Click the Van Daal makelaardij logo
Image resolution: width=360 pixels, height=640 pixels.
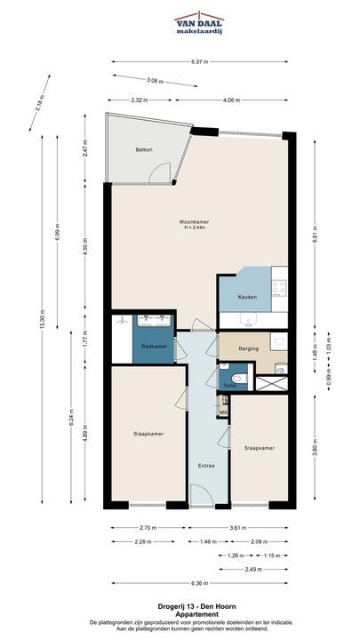(x=199, y=23)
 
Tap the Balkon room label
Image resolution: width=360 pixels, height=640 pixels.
(x=144, y=150)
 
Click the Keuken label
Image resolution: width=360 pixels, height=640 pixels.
(x=247, y=297)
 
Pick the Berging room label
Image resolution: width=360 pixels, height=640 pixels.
(x=249, y=349)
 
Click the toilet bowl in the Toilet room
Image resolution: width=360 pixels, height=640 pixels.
(x=241, y=379)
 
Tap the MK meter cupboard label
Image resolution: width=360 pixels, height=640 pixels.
(x=223, y=412)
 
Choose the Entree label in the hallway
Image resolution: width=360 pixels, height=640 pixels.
(x=206, y=466)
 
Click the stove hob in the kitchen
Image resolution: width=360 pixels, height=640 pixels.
(x=279, y=287)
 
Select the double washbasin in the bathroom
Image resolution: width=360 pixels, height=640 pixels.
(x=154, y=321)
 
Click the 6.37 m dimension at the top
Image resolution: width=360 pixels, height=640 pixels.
(x=200, y=62)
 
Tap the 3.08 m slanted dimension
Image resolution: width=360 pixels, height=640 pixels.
(x=155, y=81)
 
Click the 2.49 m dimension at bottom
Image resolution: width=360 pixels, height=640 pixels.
(x=253, y=569)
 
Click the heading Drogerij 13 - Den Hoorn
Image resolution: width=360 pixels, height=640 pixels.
(x=196, y=607)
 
